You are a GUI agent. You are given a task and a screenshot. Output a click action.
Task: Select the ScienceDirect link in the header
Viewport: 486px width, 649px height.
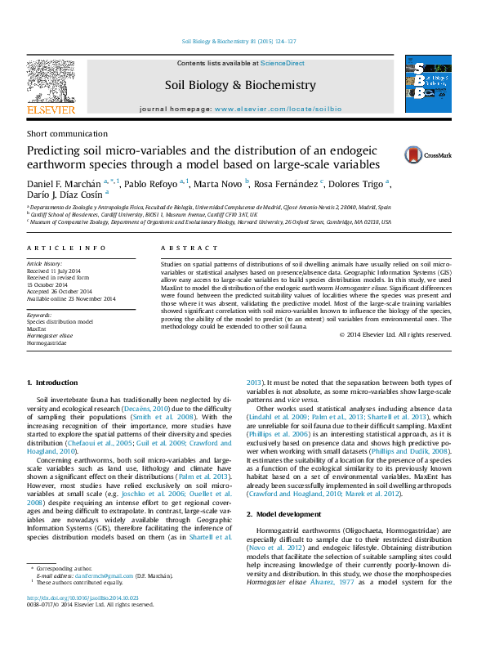pyautogui.click(x=283, y=63)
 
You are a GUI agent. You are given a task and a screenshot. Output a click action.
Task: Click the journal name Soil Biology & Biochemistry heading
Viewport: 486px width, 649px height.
pyautogui.click(x=240, y=85)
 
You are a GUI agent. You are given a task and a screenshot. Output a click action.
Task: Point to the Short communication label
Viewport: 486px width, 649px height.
pyautogui.click(x=67, y=133)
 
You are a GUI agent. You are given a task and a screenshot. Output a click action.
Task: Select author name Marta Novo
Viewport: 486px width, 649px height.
pyautogui.click(x=221, y=183)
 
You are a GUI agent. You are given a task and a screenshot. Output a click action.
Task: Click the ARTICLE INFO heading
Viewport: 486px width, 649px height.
pyautogui.click(x=66, y=248)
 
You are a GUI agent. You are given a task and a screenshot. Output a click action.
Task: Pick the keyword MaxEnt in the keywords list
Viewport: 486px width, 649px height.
pyautogui.click(x=38, y=329)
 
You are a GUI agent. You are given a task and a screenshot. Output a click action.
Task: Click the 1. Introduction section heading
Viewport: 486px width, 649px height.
pyautogui.click(x=52, y=383)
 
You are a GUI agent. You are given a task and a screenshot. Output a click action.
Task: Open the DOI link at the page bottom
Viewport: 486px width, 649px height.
pyautogui.click(x=82, y=620)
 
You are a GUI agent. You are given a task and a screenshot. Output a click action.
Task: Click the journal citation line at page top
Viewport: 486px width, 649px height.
pyautogui.click(x=243, y=42)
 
